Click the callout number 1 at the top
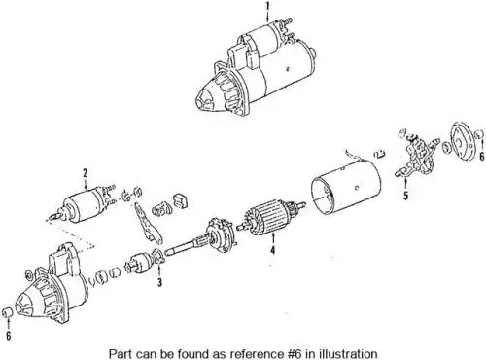tap(267, 6)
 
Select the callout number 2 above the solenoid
tap(85, 172)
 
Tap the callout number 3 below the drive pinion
tap(159, 282)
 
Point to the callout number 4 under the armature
tap(273, 250)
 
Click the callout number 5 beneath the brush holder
tap(406, 196)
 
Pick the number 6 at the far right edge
tap(482, 156)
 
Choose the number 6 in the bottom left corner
tap(9, 335)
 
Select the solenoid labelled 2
tap(83, 204)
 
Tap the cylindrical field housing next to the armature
tap(346, 187)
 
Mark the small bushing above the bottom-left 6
tap(7, 312)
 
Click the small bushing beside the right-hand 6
tap(479, 134)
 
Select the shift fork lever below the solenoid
tap(148, 224)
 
